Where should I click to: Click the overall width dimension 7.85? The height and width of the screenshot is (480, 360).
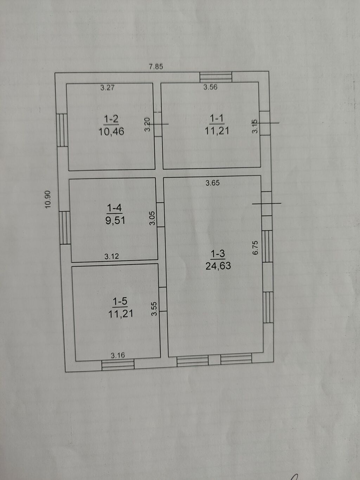point(156,66)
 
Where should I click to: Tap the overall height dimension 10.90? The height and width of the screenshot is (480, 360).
point(48,199)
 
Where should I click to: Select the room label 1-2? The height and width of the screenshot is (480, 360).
point(111,120)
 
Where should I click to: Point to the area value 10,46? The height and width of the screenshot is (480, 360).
point(111,132)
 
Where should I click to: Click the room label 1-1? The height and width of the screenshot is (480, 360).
point(217,119)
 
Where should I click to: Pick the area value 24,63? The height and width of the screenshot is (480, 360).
point(218,266)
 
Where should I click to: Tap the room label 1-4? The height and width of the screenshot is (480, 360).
point(114,208)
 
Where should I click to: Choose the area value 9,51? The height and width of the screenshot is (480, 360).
point(115,220)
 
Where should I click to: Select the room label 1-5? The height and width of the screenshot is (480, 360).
point(120,301)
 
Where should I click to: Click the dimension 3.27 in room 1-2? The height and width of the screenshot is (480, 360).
point(107,88)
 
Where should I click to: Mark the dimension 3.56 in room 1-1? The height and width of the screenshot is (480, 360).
point(210,87)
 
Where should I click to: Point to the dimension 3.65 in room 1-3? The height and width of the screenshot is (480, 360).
point(212,183)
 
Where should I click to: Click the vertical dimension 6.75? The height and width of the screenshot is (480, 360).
point(255,248)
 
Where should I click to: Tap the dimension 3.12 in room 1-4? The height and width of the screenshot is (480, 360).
point(111,256)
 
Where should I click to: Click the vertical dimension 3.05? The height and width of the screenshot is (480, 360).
point(152,218)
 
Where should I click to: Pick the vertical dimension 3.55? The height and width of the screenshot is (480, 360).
point(154,308)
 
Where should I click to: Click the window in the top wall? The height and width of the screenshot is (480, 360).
point(216,77)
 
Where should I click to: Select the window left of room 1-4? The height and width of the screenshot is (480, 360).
point(65,228)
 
